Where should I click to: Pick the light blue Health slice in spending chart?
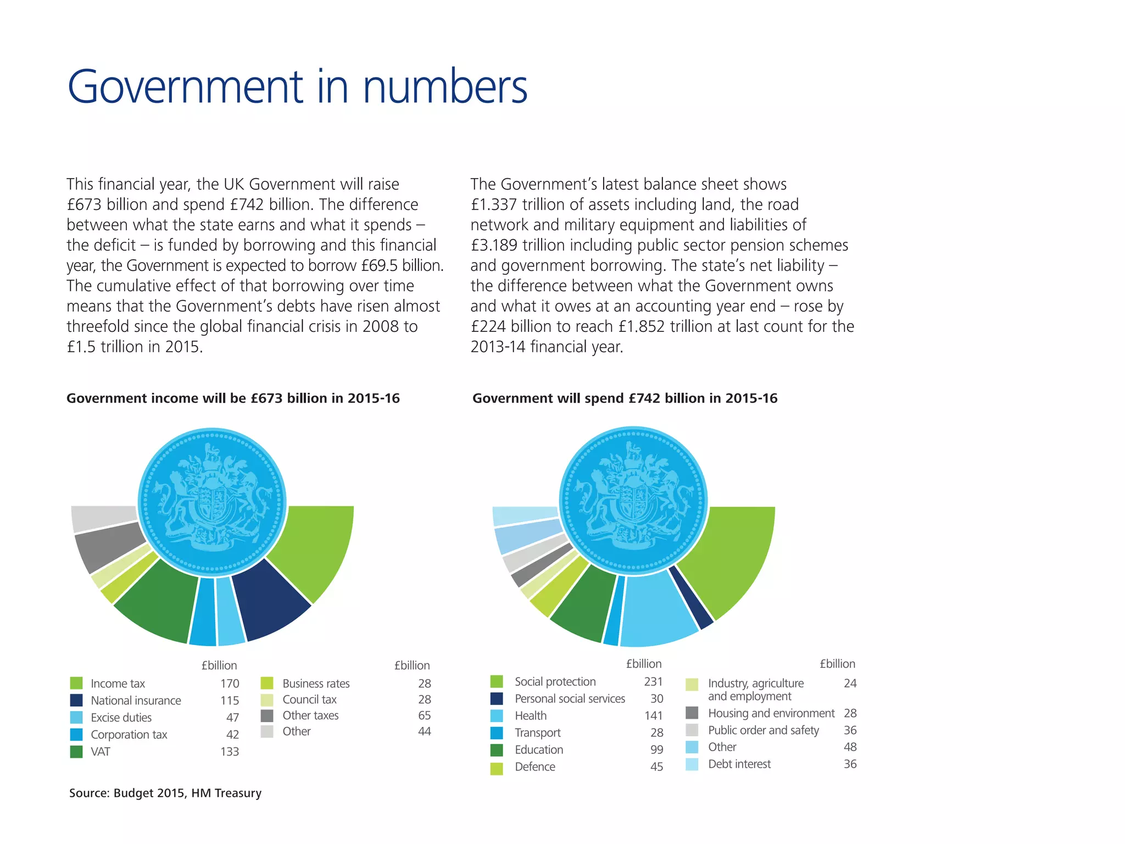point(656,610)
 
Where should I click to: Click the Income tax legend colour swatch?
point(76,683)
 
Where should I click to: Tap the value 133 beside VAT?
point(230,752)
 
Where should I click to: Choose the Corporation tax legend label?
point(129,735)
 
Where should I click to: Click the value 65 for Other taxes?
point(424,715)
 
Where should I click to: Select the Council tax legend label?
point(309,699)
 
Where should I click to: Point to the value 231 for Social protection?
point(653,682)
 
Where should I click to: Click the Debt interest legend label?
point(739,764)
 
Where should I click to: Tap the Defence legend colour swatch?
point(497,768)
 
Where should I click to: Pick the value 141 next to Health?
point(653,716)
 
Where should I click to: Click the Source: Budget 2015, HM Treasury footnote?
point(165,793)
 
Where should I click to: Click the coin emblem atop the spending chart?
point(633,501)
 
